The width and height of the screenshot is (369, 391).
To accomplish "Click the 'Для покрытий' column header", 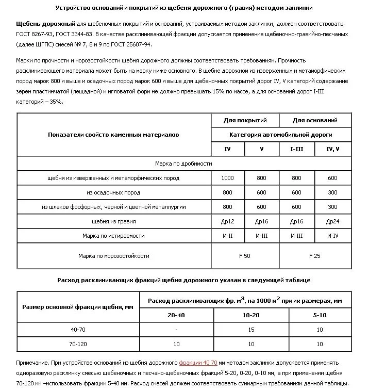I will [245, 120].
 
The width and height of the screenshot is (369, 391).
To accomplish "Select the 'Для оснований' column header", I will [314, 120].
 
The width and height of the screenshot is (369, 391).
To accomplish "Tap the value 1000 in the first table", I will [227, 178].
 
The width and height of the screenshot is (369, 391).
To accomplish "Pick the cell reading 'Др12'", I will [227, 221].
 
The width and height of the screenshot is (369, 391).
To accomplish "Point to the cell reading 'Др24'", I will [332, 221].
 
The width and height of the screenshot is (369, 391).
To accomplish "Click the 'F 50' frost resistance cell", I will [245, 255].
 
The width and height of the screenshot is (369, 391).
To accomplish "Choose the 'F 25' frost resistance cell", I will [314, 255].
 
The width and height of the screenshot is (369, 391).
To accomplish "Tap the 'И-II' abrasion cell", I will [227, 236].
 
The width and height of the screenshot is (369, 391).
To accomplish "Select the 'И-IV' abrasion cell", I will [332, 236].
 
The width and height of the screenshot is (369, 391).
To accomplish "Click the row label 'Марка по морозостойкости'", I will [114, 255].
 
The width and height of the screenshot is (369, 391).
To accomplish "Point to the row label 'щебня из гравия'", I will [114, 221].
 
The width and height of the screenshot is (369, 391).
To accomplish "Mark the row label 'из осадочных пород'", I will [114, 192].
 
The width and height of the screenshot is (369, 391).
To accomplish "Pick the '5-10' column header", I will [320, 315].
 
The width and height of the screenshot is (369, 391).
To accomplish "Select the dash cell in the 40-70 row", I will [176, 329].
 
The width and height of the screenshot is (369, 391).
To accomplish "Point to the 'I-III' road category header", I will [296, 149].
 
